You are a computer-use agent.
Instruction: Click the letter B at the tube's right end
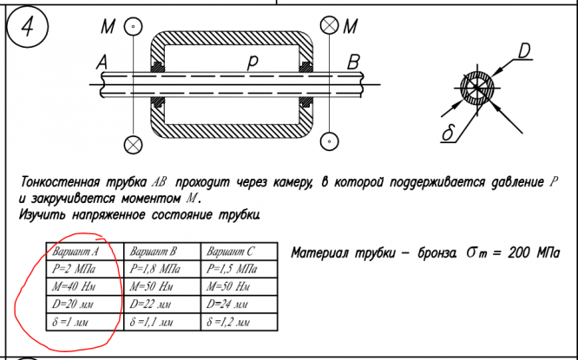point(352,62)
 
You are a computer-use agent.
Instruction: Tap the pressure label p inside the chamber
point(253,62)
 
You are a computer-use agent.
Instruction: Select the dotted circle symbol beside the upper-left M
point(132,27)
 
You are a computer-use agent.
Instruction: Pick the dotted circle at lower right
point(329,140)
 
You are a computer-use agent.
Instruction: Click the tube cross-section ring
point(477,90)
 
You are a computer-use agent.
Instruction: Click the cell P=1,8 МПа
point(156,269)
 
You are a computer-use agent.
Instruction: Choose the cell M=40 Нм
point(75,286)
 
